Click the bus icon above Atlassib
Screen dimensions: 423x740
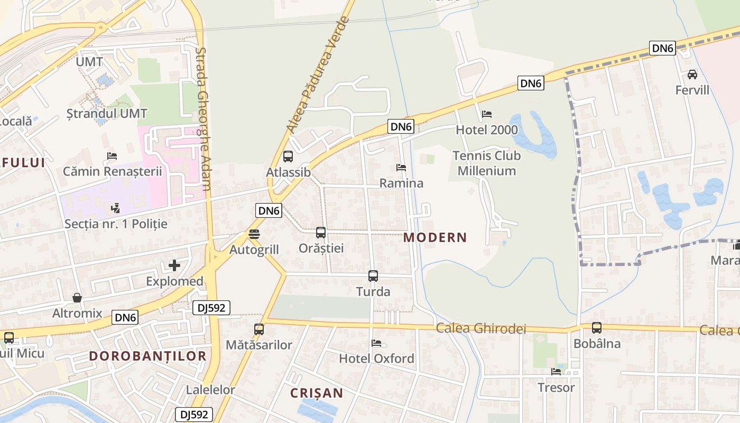click(x=288, y=157)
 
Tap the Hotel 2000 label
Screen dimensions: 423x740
click(x=486, y=130)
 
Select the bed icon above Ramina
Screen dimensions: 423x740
click(x=401, y=168)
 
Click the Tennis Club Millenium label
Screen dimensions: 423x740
click(x=486, y=163)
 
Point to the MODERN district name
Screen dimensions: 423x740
click(x=435, y=237)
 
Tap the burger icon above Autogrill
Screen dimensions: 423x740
click(x=254, y=234)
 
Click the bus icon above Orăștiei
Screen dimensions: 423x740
click(x=321, y=232)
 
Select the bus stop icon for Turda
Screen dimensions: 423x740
click(x=373, y=275)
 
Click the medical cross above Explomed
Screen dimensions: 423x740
click(x=174, y=265)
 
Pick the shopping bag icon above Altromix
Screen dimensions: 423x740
click(x=77, y=298)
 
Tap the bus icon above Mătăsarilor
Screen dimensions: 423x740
click(x=259, y=329)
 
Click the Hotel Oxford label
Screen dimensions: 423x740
click(x=376, y=358)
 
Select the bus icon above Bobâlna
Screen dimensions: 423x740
click(x=597, y=328)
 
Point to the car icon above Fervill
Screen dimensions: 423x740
click(x=692, y=75)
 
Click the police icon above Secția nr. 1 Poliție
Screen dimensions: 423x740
click(x=115, y=208)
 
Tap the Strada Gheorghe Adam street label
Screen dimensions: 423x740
click(x=203, y=119)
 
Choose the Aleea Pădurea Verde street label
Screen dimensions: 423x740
click(x=318, y=75)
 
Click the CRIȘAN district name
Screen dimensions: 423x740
click(x=317, y=393)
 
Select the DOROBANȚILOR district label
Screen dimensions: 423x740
click(x=147, y=356)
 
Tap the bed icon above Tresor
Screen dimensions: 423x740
click(x=556, y=372)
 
